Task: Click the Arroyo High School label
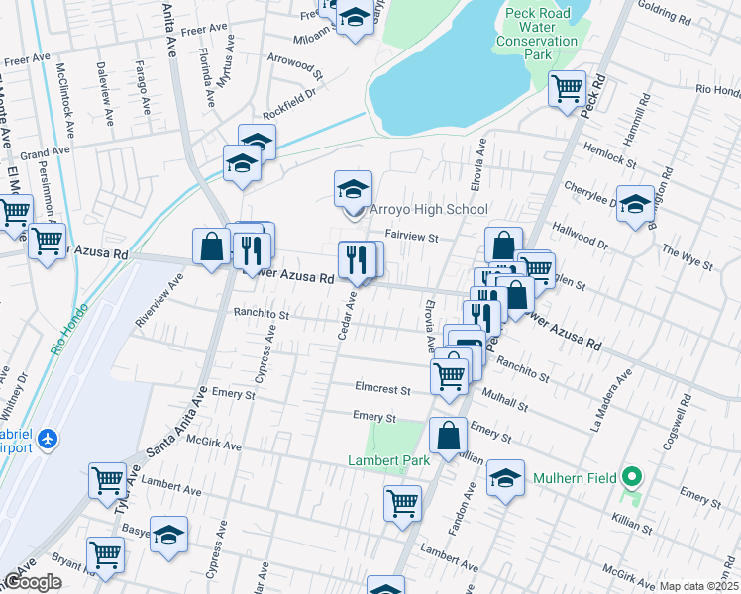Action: coord(428,209)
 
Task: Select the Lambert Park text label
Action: coord(387,460)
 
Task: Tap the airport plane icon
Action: coord(47,438)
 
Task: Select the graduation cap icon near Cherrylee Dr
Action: coord(635,202)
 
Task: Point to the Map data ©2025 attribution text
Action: coord(698,586)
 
